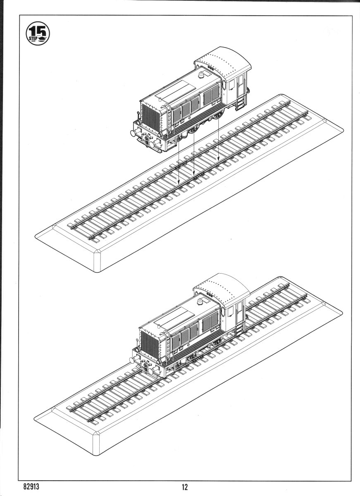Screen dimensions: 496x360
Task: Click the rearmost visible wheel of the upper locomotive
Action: [248, 90]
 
